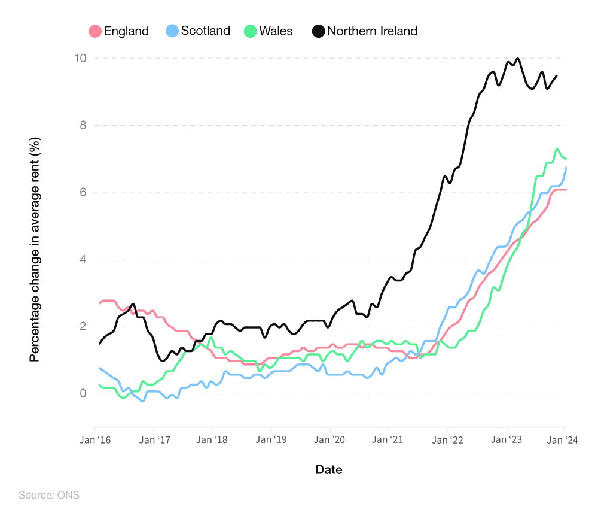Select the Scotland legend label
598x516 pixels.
tap(205, 31)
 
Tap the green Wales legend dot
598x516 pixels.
tap(250, 31)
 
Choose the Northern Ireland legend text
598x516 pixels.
tap(372, 31)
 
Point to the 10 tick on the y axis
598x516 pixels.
tap(80, 59)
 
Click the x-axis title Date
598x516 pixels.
tap(329, 470)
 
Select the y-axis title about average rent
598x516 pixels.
tap(35, 249)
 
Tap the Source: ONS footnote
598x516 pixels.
tap(48, 496)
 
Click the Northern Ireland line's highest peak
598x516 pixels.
tap(517, 59)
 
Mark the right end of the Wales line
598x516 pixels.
tap(565, 159)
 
